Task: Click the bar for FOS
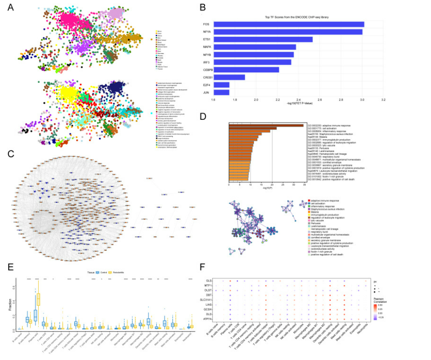tap(289, 24)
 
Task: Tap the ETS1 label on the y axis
tap(207, 39)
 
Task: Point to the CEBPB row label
tap(207, 70)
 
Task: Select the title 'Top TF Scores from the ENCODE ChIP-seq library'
tap(297, 17)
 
